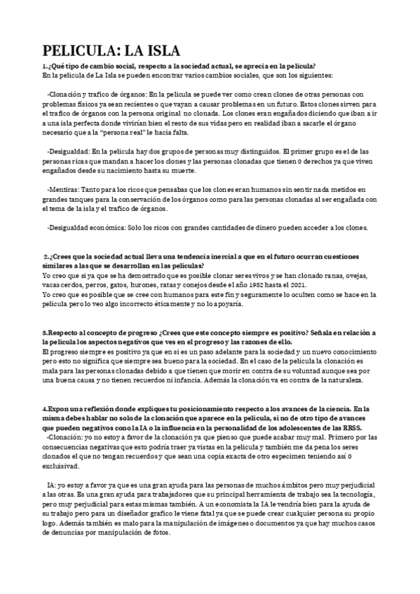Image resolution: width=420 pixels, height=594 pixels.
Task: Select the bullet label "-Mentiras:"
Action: tap(65, 189)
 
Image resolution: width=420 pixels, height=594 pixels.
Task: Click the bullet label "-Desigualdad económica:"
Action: tap(89, 228)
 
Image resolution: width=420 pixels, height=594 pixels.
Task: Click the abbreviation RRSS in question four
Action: tap(353, 427)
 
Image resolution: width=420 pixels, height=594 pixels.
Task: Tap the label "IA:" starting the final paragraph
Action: tap(52, 485)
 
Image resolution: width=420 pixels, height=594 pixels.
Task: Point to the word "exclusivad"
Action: tap(62, 466)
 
